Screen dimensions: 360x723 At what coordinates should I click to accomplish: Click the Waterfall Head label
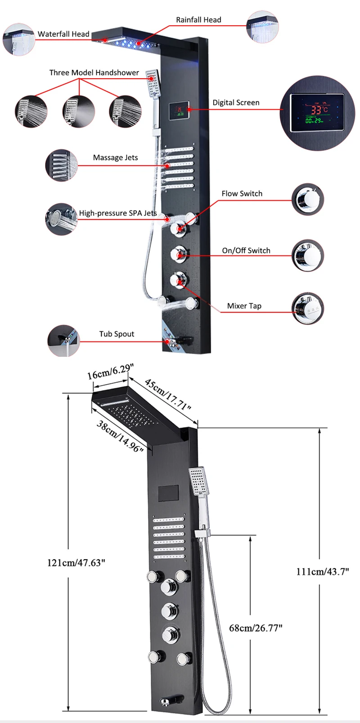coord(63,34)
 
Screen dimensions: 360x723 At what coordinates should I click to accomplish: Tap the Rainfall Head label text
coord(198,20)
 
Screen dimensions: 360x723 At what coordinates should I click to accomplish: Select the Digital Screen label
coord(236,103)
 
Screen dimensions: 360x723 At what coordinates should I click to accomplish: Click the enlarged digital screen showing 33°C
coord(318,113)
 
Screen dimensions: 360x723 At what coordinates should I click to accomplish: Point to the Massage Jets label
coord(115,157)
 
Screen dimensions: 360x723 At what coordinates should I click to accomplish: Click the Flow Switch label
coord(242,193)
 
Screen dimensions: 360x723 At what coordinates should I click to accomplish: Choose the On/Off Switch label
coord(246,251)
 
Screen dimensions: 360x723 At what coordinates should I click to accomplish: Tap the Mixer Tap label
coord(244,306)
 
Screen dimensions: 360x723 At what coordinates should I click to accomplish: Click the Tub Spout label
coord(117,334)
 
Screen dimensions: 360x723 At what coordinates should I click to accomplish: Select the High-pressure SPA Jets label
coord(118,213)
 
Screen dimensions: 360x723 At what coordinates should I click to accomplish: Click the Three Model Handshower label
coord(94,72)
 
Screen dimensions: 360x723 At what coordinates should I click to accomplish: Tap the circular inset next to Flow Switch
coord(308,200)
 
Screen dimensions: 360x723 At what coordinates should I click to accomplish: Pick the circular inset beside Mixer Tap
coord(308,308)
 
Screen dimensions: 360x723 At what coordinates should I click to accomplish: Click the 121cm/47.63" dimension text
coord(76,562)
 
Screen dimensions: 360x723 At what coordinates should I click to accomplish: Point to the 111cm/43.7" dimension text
coord(323,572)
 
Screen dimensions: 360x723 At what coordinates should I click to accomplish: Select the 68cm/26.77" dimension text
coord(256,628)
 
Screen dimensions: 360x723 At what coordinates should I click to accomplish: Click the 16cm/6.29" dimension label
coord(110,372)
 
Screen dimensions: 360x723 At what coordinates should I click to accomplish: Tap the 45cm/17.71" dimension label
coord(168,395)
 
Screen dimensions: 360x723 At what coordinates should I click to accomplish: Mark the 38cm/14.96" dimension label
coord(120,436)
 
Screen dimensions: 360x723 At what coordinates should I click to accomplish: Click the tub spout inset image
coord(63,341)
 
